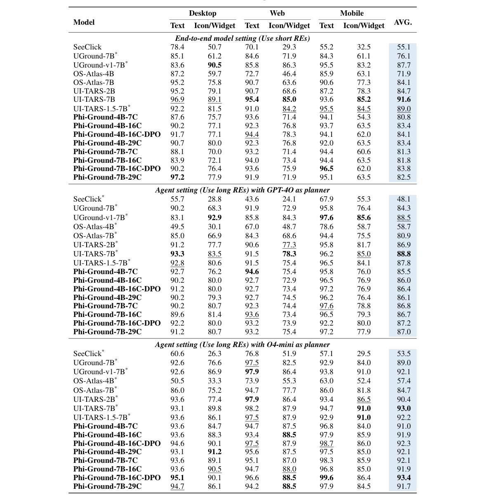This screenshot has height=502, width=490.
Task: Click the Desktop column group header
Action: click(203, 14)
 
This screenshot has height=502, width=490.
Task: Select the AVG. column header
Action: click(403, 22)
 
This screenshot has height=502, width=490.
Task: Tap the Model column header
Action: click(84, 22)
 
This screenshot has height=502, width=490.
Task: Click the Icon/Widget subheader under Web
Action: click(289, 26)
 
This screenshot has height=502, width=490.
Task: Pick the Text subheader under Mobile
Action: click(326, 26)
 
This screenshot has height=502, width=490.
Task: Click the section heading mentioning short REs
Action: click(243, 38)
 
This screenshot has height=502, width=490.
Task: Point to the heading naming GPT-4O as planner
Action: click(243, 190)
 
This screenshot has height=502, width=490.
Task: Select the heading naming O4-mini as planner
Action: click(243, 345)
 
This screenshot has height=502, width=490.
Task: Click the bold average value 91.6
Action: click(403, 99)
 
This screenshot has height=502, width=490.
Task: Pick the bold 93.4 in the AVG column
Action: click(403, 478)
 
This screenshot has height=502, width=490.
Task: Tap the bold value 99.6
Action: click(326, 478)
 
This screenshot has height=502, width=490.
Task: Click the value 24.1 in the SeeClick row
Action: click(289, 199)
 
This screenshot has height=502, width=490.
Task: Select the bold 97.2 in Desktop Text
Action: click(177, 177)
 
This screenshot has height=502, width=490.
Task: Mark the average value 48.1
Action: click(403, 199)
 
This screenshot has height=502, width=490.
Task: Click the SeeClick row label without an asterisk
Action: click(87, 47)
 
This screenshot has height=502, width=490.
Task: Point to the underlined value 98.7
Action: click(326, 443)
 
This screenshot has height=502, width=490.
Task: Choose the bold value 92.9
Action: click(214, 218)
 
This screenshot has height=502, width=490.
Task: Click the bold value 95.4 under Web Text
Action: click(252, 99)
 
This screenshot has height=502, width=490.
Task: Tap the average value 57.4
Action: click(403, 381)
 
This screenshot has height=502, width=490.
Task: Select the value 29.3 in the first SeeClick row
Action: click(289, 47)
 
